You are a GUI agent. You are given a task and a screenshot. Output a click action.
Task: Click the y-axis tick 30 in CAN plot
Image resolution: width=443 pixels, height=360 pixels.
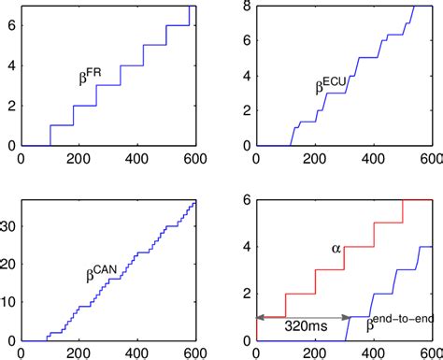tap(7, 225)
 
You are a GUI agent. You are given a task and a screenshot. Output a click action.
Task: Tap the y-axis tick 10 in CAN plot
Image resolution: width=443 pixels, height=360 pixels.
tap(7, 303)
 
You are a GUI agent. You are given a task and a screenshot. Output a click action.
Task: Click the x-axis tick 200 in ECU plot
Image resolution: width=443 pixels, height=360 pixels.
tap(315, 161)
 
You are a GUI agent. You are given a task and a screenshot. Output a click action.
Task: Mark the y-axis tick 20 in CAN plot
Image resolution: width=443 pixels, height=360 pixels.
tap(7, 265)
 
